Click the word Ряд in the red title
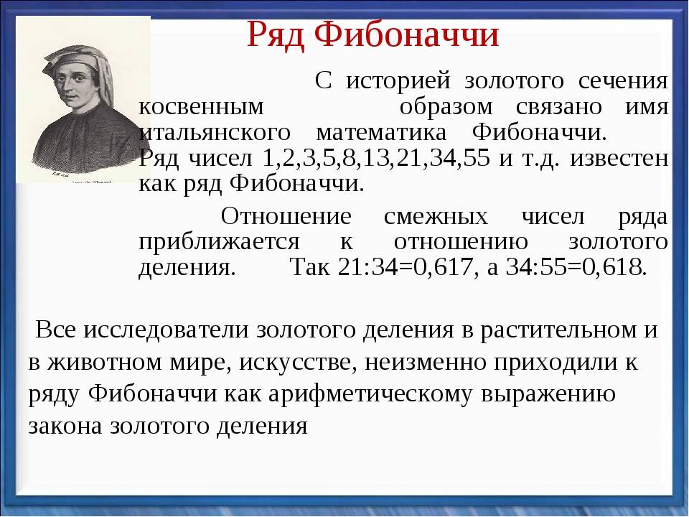tap(275, 36)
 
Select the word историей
tap(398, 81)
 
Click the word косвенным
tap(201, 107)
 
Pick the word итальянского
tap(215, 134)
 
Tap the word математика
tap(381, 133)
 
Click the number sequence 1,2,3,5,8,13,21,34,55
tap(375, 159)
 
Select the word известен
tap(619, 159)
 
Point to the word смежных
tap(436, 217)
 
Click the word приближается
tap(220, 243)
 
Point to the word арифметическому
tap(370, 395)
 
